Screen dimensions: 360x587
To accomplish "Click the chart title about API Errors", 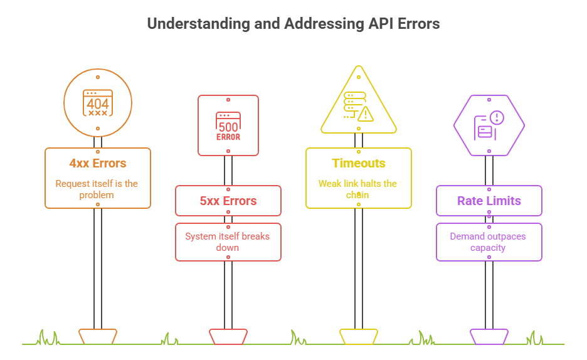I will tap(293, 24).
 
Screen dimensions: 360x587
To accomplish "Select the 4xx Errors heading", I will tap(98, 163).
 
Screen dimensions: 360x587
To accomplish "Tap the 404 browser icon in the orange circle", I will tap(98, 103).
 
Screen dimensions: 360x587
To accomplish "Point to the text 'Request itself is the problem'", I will tap(97, 189).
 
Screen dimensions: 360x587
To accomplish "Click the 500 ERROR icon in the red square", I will tap(228, 126).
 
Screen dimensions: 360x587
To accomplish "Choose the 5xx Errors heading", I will tap(228, 201).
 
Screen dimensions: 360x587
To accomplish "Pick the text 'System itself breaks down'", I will tap(228, 242).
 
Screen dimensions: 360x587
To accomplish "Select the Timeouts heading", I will tap(359, 163).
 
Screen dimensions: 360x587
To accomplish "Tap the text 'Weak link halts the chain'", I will tap(358, 189).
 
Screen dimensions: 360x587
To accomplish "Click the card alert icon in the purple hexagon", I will tap(489, 125).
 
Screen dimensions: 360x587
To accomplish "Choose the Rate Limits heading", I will tap(489, 201).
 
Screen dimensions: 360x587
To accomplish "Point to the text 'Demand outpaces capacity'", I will tap(489, 242).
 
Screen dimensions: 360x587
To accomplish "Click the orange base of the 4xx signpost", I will tap(98, 336).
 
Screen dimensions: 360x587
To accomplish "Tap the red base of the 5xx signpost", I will tap(228, 336).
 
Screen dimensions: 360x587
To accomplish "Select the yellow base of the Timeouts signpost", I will tap(359, 336).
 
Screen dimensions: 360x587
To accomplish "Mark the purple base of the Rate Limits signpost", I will tap(489, 336).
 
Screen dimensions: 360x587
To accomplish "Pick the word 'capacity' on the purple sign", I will tap(489, 248).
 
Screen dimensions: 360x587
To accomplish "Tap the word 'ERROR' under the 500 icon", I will tap(228, 137).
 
